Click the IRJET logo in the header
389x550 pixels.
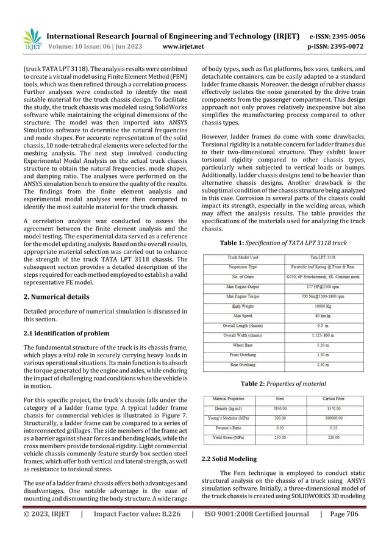[30, 38]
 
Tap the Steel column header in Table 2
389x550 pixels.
[280, 399]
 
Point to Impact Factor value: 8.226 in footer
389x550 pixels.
[137, 539]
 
